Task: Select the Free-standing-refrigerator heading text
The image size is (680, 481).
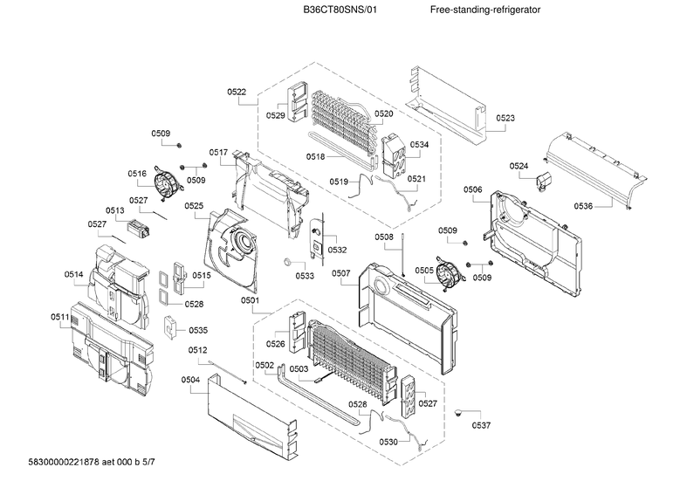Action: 485,10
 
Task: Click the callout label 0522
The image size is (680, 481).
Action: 236,92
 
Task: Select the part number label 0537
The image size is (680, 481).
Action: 481,425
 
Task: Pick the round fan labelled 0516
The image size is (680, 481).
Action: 165,182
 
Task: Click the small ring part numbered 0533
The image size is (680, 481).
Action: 287,261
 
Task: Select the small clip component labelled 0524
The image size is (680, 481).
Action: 544,181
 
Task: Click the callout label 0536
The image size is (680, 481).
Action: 584,206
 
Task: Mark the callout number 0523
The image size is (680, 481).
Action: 505,118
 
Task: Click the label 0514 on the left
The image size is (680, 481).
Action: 73,275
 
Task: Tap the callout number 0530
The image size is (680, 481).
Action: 388,442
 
